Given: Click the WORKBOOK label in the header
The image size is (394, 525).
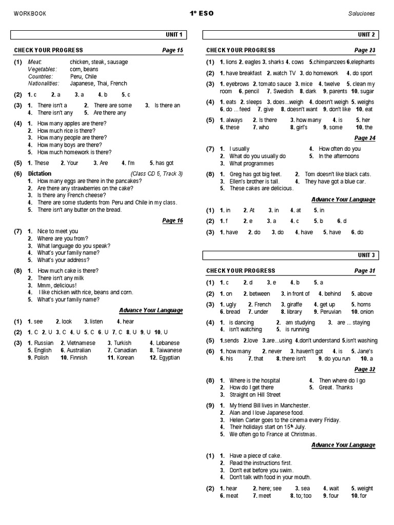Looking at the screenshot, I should click(30, 14).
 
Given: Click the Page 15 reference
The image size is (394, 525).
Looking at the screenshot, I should click(172, 50).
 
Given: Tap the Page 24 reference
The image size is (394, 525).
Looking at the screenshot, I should click(365, 138).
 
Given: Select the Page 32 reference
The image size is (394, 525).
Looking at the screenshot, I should click(365, 369).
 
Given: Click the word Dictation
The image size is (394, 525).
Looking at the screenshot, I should click(40, 174).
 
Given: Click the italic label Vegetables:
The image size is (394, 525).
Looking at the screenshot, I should click(43, 69).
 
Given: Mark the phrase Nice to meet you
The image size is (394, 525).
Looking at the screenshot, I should click(58, 231).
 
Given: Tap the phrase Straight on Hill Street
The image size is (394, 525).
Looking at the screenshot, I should click(255, 395).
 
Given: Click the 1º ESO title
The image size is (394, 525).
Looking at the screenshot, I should click(197, 13).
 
